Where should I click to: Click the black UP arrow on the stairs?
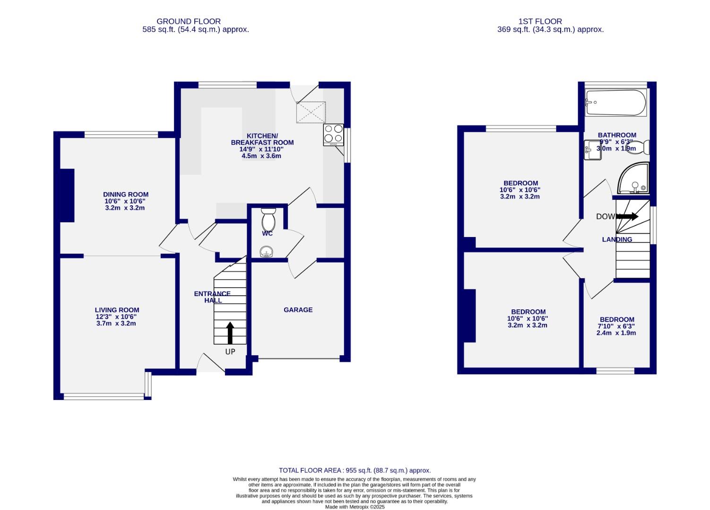[230, 333]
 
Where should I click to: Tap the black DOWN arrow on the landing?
[627, 217]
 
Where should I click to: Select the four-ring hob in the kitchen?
[333, 135]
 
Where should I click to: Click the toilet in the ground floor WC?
[268, 219]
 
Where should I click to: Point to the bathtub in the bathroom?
[615, 103]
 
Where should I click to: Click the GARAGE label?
[298, 310]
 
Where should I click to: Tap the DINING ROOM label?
[126, 194]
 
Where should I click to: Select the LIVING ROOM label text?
[117, 310]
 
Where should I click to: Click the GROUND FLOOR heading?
[189, 21]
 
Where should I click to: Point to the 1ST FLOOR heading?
[540, 21]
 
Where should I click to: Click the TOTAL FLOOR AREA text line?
[355, 470]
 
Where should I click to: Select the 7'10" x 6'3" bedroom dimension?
[616, 326]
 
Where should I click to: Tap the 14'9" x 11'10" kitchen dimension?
[261, 149]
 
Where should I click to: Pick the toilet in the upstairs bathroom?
[642, 147]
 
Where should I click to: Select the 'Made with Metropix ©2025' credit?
[355, 507]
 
